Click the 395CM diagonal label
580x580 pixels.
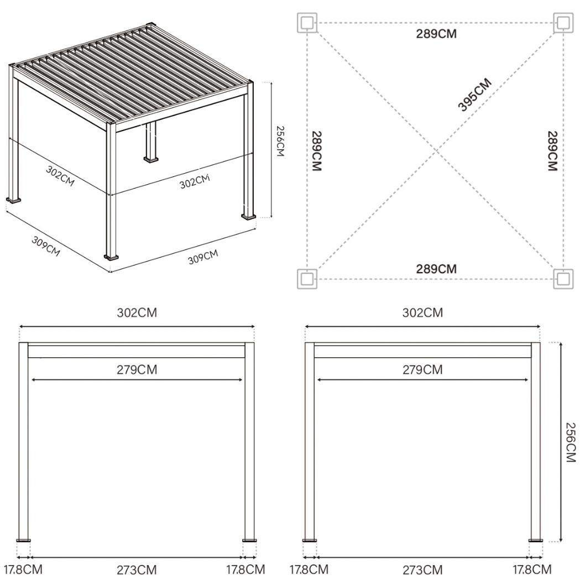474,95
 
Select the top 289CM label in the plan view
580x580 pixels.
436,34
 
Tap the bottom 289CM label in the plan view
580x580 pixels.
436,269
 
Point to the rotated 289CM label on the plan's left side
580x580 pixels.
317,151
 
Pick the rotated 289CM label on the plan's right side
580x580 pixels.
552,151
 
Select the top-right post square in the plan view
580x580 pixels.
563,23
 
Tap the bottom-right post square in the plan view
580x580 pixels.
563,278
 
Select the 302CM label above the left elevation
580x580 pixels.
137,313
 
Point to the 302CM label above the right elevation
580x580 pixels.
422,313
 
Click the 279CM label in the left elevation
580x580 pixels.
137,370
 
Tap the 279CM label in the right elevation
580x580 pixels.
422,370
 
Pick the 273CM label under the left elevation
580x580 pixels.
137,569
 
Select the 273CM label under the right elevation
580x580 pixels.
422,569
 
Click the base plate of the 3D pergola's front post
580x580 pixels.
111,257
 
